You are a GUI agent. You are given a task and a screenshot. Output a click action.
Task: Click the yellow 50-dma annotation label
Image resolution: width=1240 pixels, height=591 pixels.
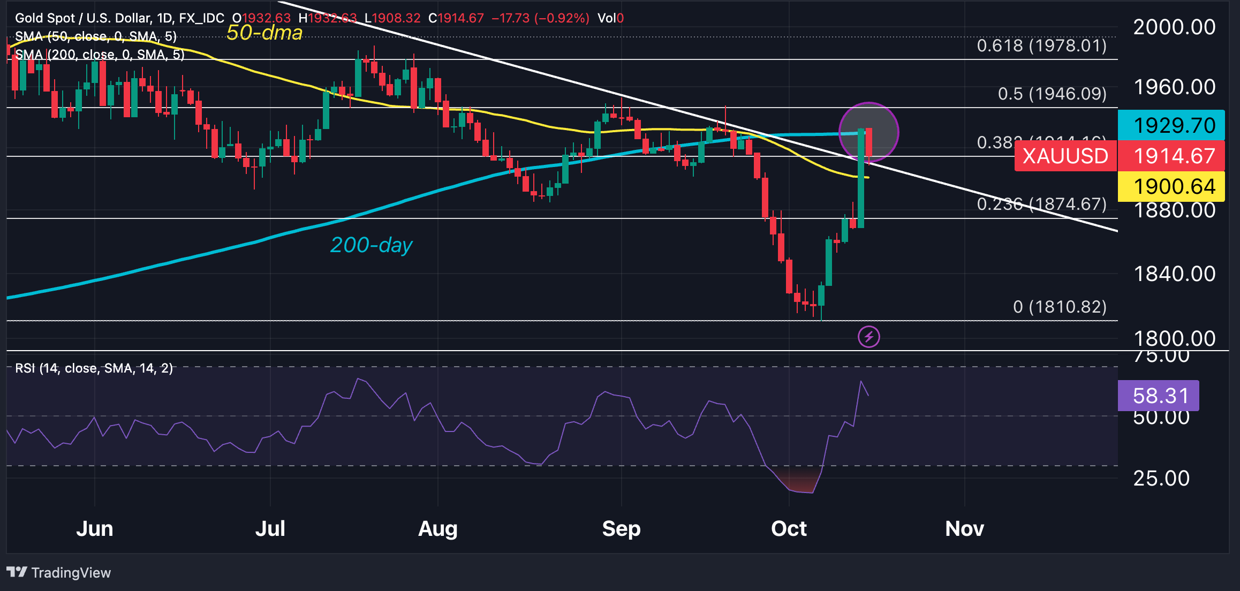264,33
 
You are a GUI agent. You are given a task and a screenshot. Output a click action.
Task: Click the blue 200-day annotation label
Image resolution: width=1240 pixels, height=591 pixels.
371,245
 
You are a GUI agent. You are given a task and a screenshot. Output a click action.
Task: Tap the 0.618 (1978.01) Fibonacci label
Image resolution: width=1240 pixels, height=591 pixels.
1041,46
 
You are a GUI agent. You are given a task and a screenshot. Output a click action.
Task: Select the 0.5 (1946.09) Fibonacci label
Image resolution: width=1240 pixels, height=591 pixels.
1052,94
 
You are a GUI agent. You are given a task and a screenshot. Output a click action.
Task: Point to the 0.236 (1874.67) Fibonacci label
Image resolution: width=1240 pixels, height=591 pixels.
1041,204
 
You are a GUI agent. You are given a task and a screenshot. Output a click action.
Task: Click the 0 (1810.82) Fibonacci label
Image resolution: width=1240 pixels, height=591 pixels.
1060,307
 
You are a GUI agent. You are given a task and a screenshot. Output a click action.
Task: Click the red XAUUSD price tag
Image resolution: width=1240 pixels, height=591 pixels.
1065,156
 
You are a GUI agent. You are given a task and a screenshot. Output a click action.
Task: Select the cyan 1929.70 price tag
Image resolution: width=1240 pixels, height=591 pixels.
1174,125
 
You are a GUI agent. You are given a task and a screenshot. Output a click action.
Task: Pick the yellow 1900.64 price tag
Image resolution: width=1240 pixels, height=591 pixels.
1174,186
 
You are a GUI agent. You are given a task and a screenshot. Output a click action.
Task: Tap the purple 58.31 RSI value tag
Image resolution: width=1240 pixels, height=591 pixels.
1160,396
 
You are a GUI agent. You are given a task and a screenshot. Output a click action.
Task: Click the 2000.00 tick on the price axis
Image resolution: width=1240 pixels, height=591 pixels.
1174,27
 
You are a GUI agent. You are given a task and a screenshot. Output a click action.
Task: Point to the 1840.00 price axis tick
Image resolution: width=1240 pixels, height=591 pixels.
1174,274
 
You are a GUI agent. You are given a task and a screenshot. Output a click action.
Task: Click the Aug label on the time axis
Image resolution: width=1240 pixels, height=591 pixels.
437,529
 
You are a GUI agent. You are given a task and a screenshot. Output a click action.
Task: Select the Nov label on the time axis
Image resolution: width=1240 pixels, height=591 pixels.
964,529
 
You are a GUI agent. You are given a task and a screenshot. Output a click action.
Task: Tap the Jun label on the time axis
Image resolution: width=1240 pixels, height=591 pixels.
95,529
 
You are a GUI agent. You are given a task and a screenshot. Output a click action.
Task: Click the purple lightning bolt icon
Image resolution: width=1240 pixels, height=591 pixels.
868,337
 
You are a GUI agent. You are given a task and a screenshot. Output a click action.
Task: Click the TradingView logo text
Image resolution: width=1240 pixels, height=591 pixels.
71,573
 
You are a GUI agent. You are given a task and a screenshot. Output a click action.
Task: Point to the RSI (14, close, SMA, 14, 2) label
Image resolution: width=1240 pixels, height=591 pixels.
94,368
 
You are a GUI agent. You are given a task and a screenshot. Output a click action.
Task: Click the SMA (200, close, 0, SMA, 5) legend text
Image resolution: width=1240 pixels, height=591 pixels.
100,55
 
